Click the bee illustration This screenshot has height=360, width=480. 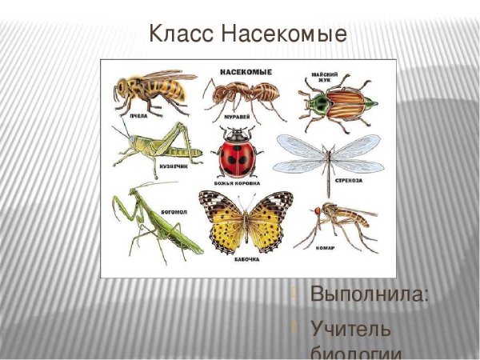tap(152, 90)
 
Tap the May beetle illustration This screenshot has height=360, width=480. tap(332, 104)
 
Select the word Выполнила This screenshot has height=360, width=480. tap(369, 294)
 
